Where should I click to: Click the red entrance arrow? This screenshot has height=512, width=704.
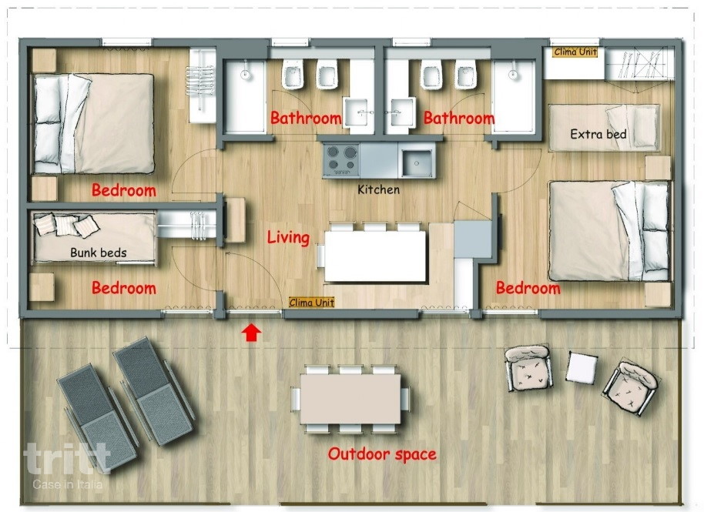tap(251, 333)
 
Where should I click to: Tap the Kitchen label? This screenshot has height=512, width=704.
tap(378, 189)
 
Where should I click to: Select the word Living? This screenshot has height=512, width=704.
tap(288, 237)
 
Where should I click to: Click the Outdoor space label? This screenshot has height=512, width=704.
tap(382, 454)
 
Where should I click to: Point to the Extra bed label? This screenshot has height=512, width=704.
tap(598, 134)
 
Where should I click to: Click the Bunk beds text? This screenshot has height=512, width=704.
tap(99, 253)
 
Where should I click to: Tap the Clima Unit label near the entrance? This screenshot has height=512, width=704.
tap(312, 303)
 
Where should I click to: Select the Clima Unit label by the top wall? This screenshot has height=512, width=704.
tap(575, 52)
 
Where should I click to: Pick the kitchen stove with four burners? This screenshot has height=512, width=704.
tap(341, 159)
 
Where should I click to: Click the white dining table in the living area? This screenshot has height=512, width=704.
tap(375, 256)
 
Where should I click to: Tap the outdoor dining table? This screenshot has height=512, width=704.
tap(350, 399)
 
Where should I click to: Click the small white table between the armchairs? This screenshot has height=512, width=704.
tap(582, 367)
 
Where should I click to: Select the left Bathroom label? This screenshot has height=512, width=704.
tap(306, 118)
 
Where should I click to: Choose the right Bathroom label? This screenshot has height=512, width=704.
tap(459, 118)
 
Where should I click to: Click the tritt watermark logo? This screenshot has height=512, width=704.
tap(67, 459)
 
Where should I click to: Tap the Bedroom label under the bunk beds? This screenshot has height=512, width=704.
tap(124, 288)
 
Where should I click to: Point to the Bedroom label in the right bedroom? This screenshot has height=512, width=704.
tap(528, 288)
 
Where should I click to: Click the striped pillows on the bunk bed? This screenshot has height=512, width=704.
tap(66, 225)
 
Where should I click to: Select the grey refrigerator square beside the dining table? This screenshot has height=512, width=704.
tap(473, 238)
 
